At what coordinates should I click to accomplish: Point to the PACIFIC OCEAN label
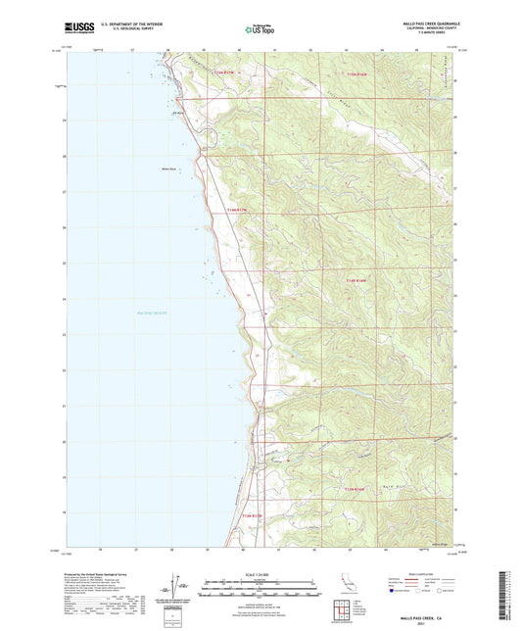coord(152,313)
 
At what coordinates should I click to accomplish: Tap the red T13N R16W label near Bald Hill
coord(359,487)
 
